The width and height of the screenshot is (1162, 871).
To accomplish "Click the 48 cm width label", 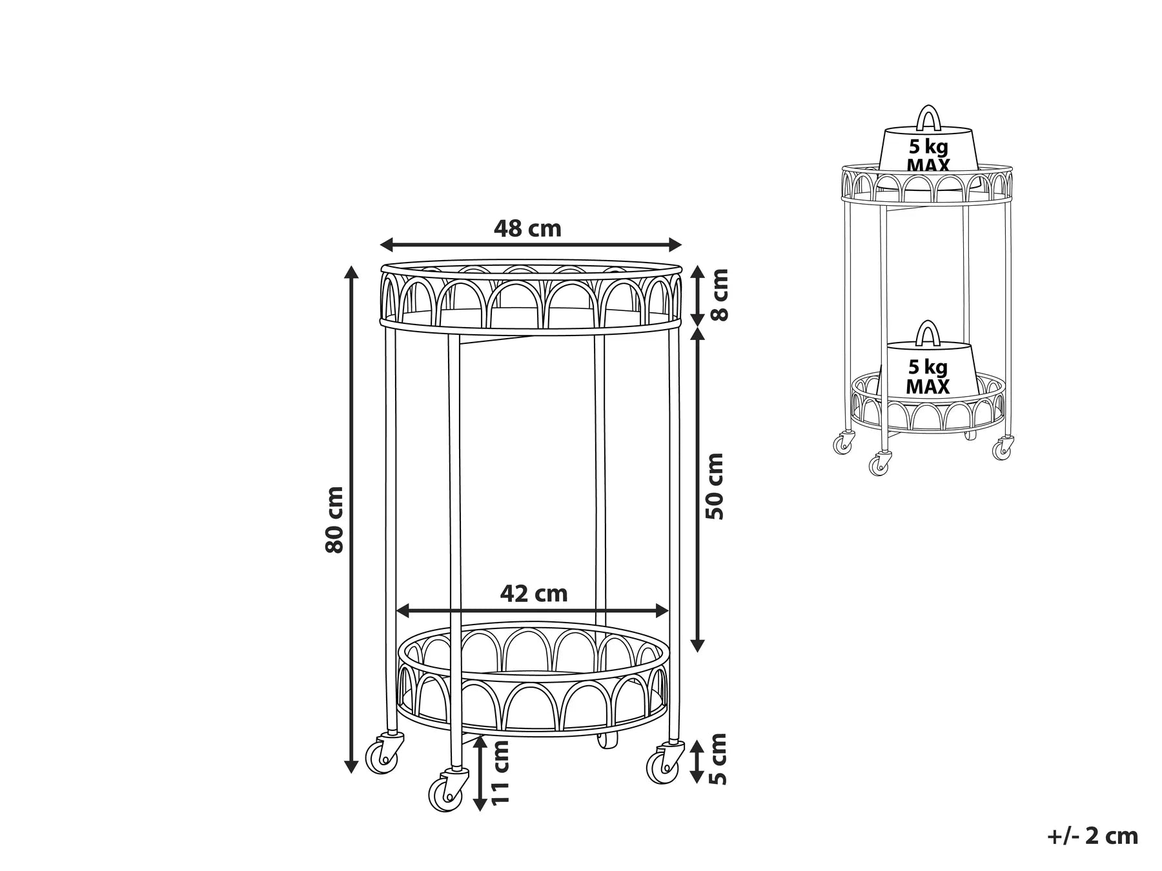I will coord(527,228).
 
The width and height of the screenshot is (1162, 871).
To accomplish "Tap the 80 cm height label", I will coord(334,519).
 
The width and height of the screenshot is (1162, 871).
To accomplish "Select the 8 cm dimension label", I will coord(718,295).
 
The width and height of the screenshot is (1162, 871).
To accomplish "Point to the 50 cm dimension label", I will coord(715,486).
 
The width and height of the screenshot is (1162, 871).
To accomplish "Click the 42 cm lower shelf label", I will coord(534,594).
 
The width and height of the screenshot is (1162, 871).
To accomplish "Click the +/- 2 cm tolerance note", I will coord(1092,836).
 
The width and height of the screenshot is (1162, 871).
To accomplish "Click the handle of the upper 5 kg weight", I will coord(928,118).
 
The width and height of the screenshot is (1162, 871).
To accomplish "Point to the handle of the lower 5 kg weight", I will coord(928,333).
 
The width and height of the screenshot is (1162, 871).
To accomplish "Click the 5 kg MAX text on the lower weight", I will coord(928,377).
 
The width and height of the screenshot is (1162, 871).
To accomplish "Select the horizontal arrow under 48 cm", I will coord(531,245).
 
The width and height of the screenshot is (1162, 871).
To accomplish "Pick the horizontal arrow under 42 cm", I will coord(532,610).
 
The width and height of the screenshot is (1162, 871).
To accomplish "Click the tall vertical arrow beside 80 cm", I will coord(351,519).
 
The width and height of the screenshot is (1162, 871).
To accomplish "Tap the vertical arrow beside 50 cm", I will coord(697,488).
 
